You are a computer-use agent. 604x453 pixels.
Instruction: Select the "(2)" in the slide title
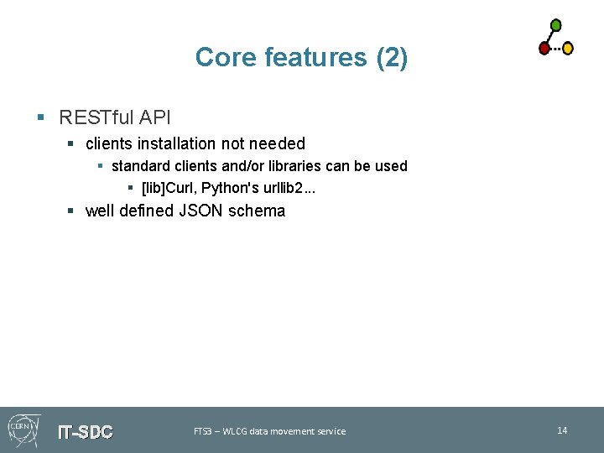[x=391, y=57]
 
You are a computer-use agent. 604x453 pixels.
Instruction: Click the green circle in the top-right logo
[x=555, y=25]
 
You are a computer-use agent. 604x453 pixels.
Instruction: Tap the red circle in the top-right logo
[x=544, y=49]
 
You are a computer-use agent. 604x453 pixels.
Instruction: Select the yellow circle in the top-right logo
[x=568, y=49]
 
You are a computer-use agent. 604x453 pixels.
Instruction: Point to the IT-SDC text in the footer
[x=85, y=432]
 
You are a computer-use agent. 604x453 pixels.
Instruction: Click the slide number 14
[x=562, y=430]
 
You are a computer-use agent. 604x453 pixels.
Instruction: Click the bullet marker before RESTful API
[x=41, y=117]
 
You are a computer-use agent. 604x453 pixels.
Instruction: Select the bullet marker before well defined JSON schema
[x=72, y=211]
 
